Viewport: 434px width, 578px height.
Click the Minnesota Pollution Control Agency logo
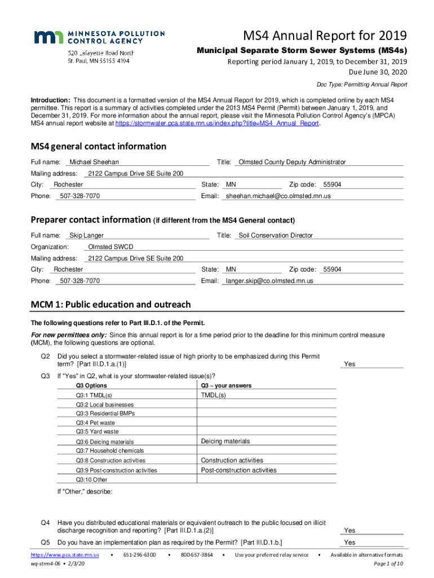tap(99, 37)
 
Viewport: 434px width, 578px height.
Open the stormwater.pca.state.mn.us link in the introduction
tap(218, 123)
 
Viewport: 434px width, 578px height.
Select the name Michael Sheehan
tap(94, 162)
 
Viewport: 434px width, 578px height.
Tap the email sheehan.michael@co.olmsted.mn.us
tap(278, 196)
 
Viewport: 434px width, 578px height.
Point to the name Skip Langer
tap(86, 235)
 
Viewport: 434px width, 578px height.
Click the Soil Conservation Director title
tap(276, 235)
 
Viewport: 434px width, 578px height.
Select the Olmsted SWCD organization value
tap(111, 247)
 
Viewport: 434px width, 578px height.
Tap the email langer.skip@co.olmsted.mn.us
tap(269, 281)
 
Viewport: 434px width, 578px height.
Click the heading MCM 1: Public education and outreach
tap(110, 305)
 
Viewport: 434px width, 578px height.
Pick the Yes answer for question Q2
tap(349, 364)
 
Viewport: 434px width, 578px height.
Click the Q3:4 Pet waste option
tap(95, 422)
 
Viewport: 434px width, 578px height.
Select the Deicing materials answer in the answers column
tap(225, 441)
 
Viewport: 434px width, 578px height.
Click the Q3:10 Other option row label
tap(91, 480)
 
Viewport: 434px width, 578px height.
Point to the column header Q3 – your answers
tap(227, 386)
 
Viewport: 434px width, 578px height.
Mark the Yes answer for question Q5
tap(349, 542)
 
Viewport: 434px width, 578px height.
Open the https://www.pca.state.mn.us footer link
tap(64, 555)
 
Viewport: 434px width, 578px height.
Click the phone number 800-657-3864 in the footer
tap(196, 555)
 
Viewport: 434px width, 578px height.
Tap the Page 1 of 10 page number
tap(388, 563)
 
